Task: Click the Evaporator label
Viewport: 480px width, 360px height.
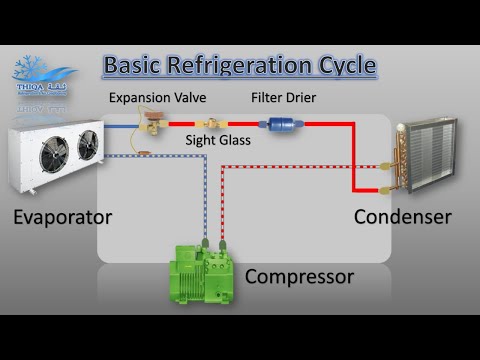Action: pos(62,217)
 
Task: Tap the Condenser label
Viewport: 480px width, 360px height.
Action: pos(403,217)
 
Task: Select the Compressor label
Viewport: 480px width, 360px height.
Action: pos(299,276)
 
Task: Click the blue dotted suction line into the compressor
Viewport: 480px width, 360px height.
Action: pos(205,200)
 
